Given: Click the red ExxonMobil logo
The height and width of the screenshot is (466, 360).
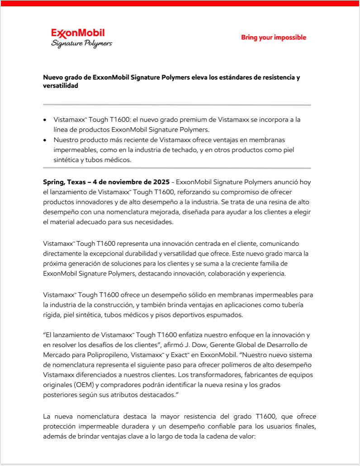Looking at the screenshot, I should coord(78,33).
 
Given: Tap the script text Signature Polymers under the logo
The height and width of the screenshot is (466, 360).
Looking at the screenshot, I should coord(81,43).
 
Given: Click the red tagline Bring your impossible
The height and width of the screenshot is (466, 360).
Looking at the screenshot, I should coord(273,37).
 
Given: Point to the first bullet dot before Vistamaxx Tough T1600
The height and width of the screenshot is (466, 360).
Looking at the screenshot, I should coord(44,120).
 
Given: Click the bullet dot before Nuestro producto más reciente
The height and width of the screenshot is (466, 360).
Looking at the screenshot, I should coord(44,140).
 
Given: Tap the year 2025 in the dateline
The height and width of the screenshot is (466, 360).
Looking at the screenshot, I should coord(161,182).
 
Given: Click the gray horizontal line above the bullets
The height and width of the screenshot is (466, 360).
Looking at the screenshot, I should coord(177,105).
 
